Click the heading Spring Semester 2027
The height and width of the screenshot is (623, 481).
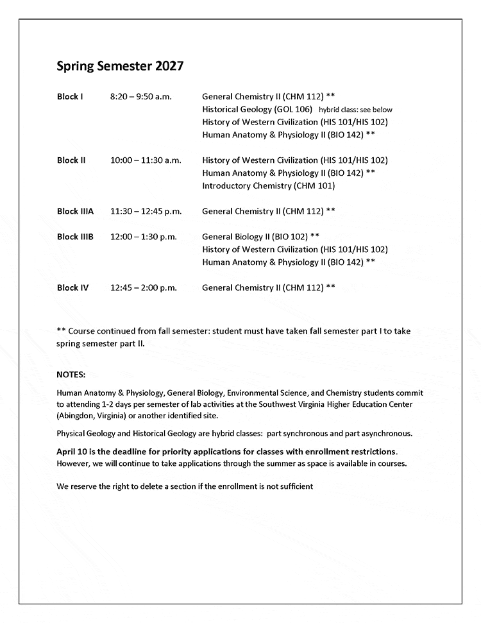pyautogui.click(x=121, y=66)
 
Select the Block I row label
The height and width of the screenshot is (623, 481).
pyautogui.click(x=70, y=96)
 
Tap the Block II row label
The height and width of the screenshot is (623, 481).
pyautogui.click(x=71, y=160)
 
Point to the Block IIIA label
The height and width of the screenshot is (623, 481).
pyautogui.click(x=75, y=211)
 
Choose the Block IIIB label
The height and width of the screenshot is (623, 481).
pyautogui.click(x=75, y=237)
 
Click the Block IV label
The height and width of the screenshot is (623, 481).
pyautogui.click(x=72, y=288)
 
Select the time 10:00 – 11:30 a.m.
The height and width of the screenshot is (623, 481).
pyautogui.click(x=146, y=160)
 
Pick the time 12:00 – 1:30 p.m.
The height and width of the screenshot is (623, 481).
pyautogui.click(x=143, y=237)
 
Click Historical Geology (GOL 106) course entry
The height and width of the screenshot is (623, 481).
pyautogui.click(x=257, y=109)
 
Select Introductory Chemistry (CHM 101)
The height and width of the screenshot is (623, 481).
pyautogui.click(x=268, y=186)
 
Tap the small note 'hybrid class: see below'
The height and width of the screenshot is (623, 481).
pyautogui.click(x=355, y=110)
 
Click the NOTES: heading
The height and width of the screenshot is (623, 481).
pyautogui.click(x=71, y=374)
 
